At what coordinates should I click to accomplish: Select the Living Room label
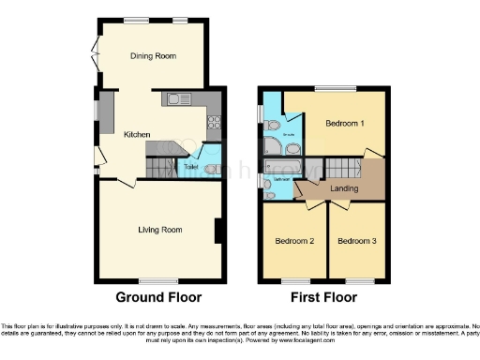tap(159, 230)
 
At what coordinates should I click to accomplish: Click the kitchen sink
tap(178, 99)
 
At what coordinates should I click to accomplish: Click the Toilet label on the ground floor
tap(190, 167)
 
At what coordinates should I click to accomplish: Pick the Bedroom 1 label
tap(344, 124)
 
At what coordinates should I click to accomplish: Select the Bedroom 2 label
tap(293, 241)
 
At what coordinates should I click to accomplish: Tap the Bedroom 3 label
tap(356, 241)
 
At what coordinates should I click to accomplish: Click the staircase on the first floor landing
tap(342, 169)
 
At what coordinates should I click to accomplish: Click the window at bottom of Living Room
tap(158, 281)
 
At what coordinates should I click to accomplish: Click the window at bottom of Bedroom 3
tap(357, 280)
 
